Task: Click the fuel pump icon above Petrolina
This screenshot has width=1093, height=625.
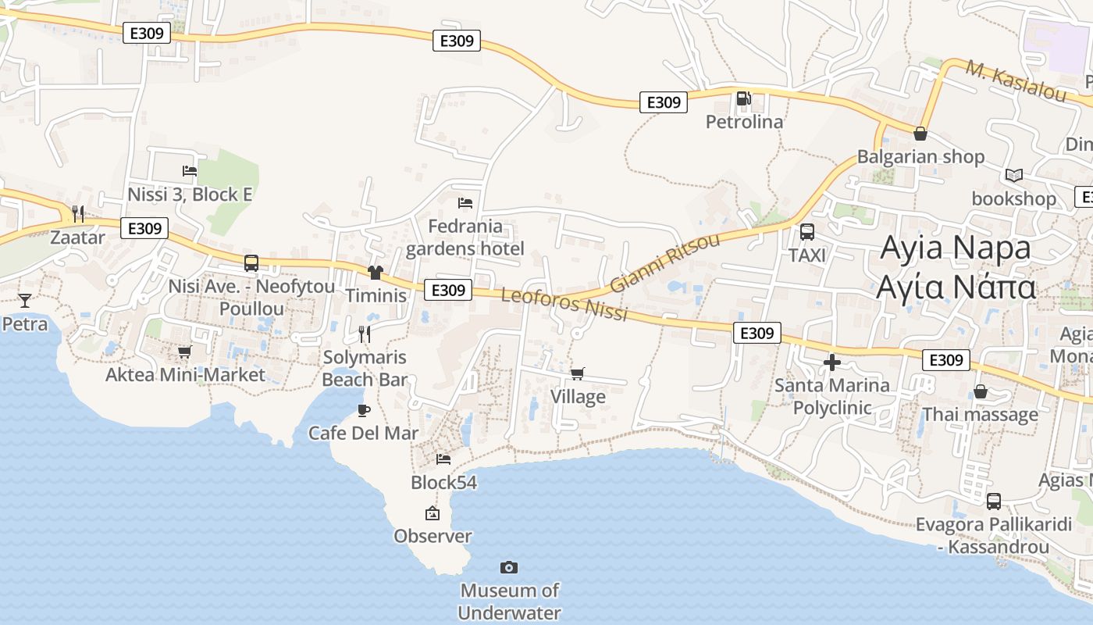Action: point(743,98)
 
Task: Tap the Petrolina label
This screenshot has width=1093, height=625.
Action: point(744,122)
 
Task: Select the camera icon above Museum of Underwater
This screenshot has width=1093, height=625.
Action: point(509,567)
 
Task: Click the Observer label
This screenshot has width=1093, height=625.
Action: point(433,536)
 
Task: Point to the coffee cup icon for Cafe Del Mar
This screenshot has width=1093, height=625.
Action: point(363,409)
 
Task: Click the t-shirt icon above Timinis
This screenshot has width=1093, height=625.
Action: point(376,272)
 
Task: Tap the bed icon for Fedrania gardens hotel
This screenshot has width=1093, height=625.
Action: point(465,202)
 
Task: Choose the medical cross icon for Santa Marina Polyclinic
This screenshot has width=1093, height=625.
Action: point(832,362)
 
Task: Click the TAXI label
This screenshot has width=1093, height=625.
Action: point(807,255)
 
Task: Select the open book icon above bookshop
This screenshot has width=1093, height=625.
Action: point(1013,176)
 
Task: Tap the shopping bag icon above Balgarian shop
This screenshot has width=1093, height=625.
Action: point(920,134)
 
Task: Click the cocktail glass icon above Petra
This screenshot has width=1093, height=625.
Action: point(25,300)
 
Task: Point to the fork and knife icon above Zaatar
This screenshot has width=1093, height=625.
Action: point(77,213)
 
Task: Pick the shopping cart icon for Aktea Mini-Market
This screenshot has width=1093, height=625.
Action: point(185,352)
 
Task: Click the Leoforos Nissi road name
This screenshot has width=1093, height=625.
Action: point(564,305)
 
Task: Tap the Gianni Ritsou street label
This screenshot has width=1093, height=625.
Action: point(664,262)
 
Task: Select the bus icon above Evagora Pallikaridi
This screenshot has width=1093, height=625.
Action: point(994,501)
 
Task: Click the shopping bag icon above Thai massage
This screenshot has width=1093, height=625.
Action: point(981,391)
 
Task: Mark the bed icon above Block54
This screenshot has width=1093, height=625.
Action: point(443,459)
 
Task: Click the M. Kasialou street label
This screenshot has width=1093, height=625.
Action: point(1016,80)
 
